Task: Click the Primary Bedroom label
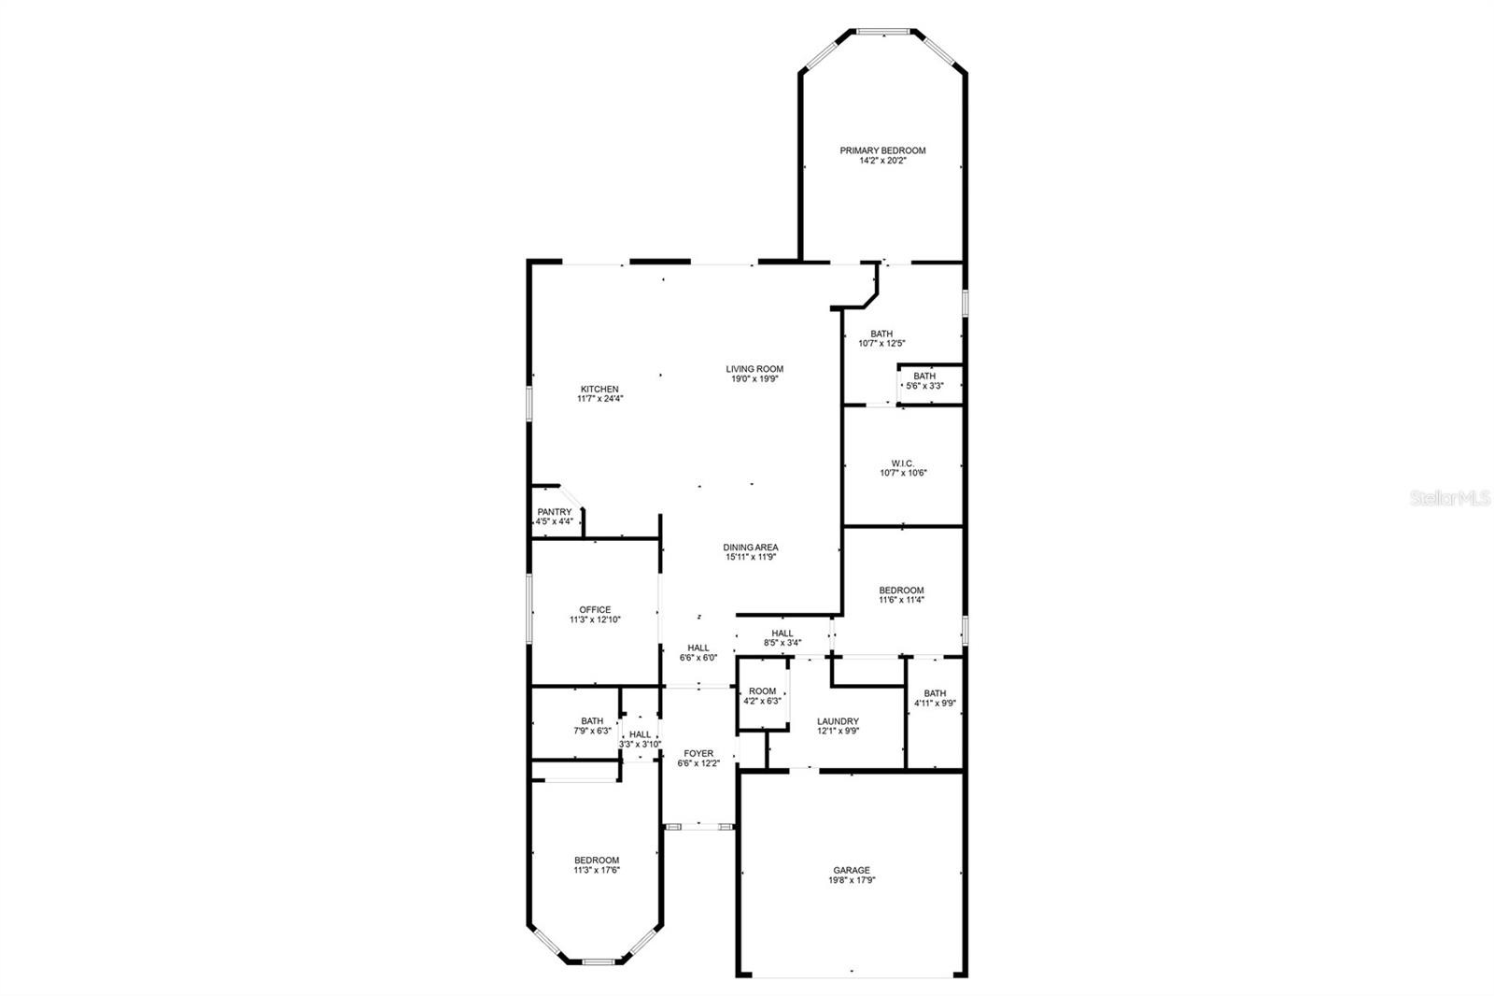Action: point(882,150)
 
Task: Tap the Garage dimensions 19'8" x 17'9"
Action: point(852,880)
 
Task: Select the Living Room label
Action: point(754,369)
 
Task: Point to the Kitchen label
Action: point(599,390)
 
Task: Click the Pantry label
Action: point(555,512)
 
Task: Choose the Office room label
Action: point(595,609)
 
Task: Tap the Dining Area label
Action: point(751,548)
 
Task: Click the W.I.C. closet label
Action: point(903,463)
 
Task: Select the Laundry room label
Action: point(838,721)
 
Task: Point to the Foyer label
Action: point(698,754)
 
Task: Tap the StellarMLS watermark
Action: point(1450,497)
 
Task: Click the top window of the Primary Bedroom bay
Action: point(883,32)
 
